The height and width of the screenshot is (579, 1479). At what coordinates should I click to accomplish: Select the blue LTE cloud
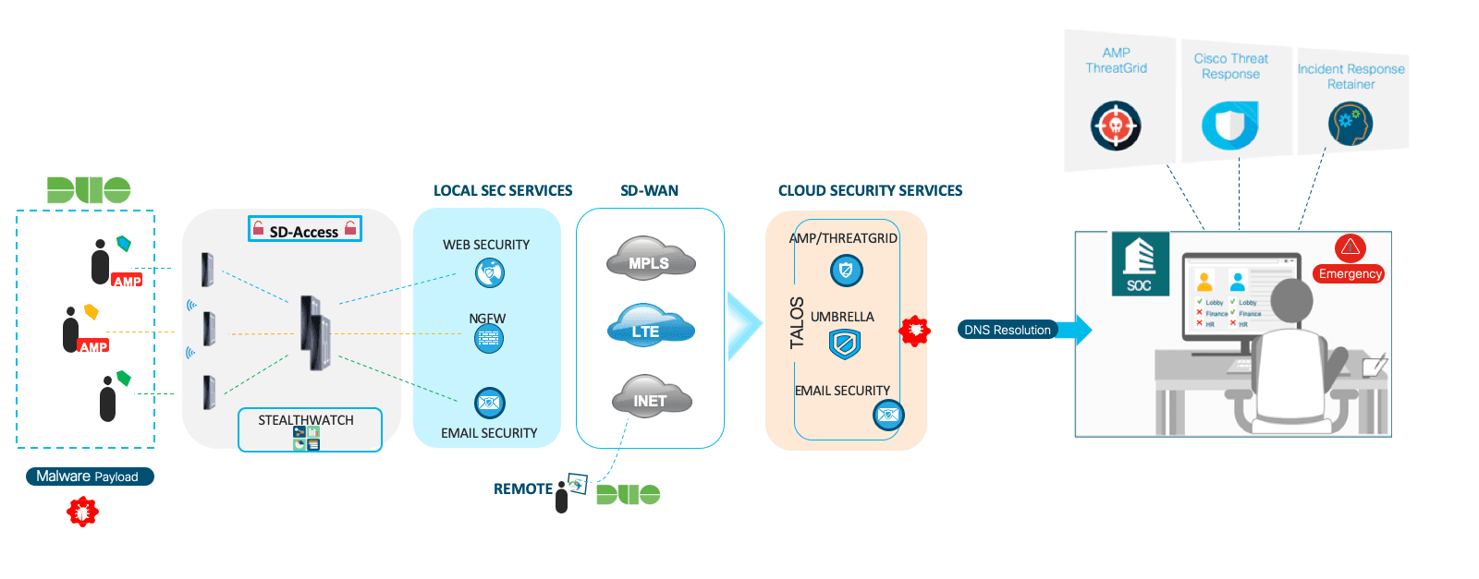coord(650,327)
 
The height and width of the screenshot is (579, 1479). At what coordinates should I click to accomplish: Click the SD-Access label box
coord(304,230)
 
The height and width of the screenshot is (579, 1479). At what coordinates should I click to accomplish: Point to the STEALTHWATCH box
coord(310,429)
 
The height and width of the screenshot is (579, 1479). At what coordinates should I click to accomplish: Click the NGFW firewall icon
coord(489,339)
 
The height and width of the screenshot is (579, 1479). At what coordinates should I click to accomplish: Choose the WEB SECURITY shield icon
coord(490,272)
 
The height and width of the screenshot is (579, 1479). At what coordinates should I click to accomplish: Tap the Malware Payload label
coord(89,476)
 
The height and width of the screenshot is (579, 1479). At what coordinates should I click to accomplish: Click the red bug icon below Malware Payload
coord(82,511)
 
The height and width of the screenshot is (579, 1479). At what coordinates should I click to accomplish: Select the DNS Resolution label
coord(1007,330)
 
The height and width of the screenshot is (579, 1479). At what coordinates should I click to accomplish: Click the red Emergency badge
coord(1351,273)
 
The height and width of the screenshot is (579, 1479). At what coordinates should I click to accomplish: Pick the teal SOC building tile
coord(1140,263)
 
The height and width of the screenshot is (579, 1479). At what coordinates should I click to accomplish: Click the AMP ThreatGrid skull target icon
coord(1116,126)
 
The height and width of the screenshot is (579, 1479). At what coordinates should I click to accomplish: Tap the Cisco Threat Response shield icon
coord(1229,125)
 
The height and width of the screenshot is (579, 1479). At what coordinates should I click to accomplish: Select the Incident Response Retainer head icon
coord(1350,124)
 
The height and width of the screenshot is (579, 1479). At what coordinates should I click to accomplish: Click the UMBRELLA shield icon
coord(845,344)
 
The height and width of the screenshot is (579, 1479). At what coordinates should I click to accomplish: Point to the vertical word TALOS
coord(797,322)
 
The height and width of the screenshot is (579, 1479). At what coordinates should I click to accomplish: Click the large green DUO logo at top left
coord(89,189)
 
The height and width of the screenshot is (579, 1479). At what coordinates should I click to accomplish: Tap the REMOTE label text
coord(522,489)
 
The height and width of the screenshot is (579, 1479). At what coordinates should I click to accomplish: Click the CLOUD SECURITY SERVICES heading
coord(870,190)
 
